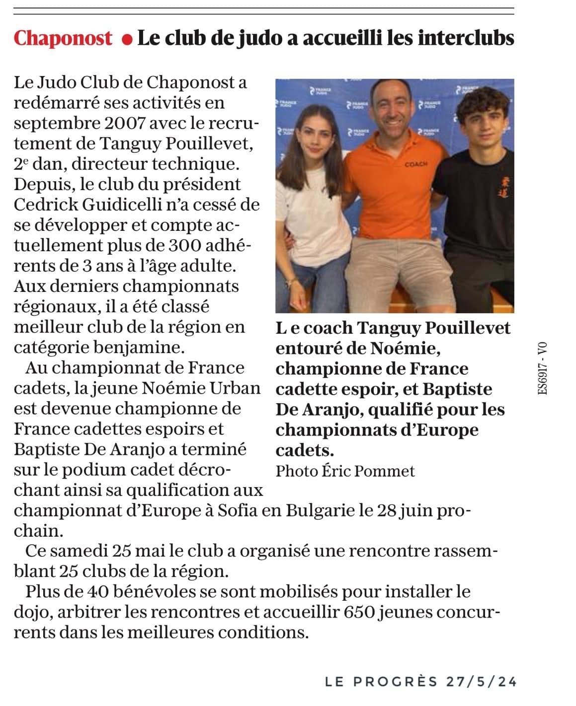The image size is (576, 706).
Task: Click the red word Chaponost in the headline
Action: [63, 38]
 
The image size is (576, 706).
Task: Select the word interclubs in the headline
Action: [465, 38]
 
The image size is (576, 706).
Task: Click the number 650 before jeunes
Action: [359, 612]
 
